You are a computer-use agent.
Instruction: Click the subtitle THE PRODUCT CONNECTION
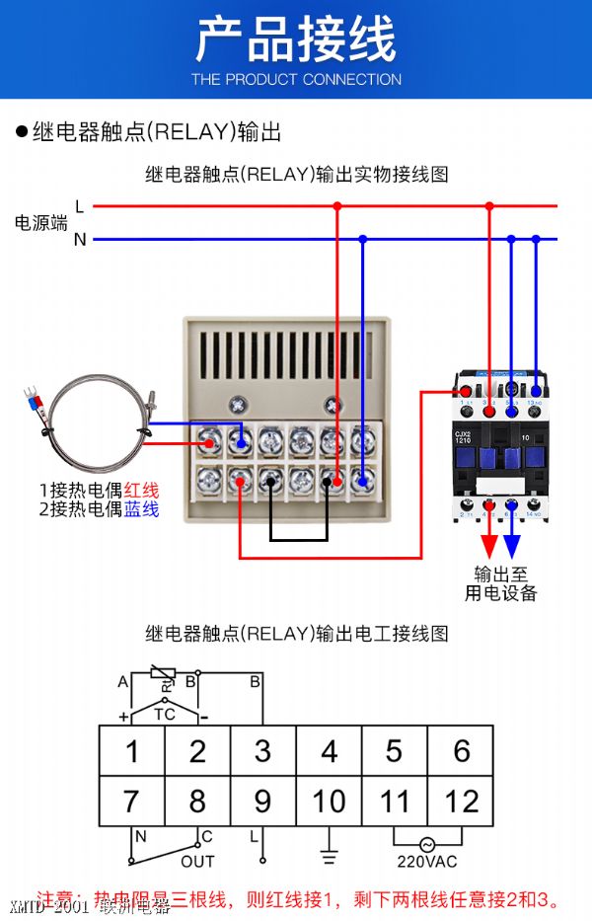point(296,79)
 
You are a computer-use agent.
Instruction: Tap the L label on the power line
point(79,206)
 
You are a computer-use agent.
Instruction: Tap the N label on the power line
point(80,239)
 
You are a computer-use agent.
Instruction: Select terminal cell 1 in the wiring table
point(131,751)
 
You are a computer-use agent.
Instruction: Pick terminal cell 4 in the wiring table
point(329,751)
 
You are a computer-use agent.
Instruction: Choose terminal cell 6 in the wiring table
point(461,751)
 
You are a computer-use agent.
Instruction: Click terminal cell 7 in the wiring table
point(131,801)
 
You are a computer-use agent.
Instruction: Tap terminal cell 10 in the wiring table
point(329,801)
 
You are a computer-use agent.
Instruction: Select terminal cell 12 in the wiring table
point(461,801)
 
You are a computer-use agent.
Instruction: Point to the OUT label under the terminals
point(197,862)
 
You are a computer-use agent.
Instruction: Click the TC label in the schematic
point(164,714)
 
